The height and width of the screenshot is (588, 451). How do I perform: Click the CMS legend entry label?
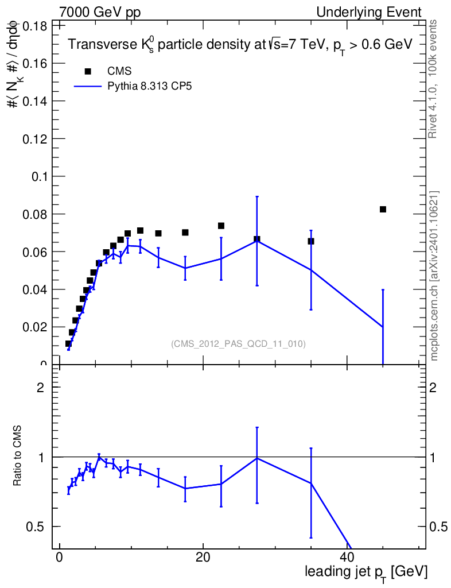point(119,71)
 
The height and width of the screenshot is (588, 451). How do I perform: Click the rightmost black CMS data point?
point(383,209)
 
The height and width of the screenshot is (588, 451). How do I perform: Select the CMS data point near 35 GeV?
point(311,241)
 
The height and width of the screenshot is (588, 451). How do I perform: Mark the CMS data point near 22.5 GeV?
point(221,226)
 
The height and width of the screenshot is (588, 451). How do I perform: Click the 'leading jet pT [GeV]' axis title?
point(366,572)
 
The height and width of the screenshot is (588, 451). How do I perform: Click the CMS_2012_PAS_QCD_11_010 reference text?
point(238,344)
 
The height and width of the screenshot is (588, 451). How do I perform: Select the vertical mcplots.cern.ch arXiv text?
point(434,276)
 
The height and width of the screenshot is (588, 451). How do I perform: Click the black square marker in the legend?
point(88,71)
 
